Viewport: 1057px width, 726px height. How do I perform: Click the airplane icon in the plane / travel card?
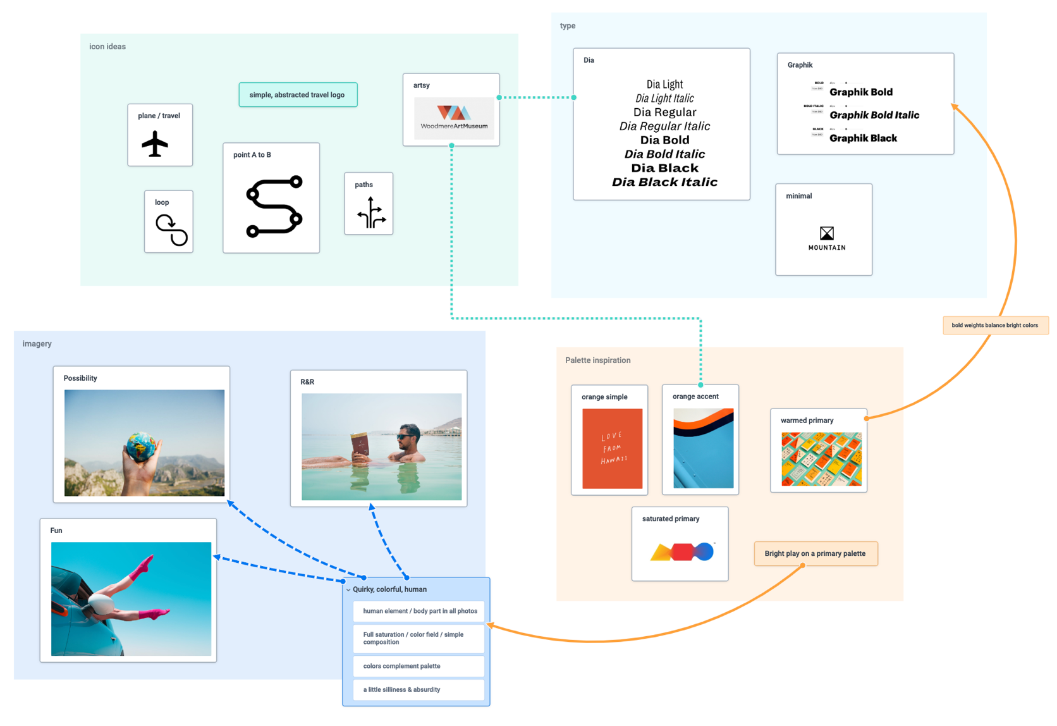[155, 143]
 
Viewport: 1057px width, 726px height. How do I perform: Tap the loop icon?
[171, 230]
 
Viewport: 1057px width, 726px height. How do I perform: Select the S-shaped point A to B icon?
[274, 207]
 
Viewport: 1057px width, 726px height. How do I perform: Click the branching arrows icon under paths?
[371, 212]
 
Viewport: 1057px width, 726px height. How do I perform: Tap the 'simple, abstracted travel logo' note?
[297, 95]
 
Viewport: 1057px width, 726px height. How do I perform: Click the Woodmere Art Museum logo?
[453, 118]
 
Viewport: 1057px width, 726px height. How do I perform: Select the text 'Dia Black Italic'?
[664, 182]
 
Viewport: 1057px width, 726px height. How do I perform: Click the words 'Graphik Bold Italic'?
[874, 115]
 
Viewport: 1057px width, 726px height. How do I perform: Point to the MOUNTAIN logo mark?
[826, 233]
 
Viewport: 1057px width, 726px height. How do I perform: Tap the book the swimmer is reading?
[360, 445]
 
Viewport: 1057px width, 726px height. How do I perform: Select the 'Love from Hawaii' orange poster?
[612, 448]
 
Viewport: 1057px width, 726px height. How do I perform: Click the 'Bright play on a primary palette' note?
[815, 553]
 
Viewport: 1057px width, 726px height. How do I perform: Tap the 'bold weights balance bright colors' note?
[994, 325]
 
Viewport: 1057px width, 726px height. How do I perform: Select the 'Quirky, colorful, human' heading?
[389, 589]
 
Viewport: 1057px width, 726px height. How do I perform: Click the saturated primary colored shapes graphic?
[682, 552]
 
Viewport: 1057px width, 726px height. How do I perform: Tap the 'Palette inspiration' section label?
[597, 360]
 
